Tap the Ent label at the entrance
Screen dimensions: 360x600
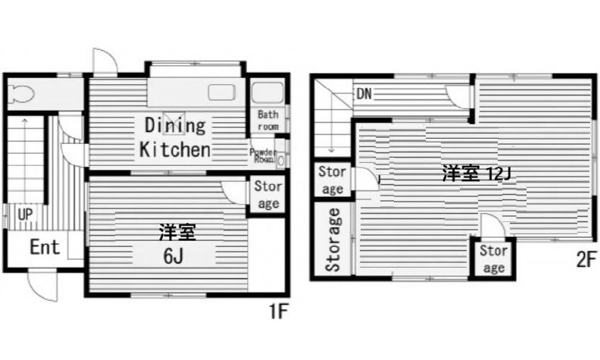click(x=45, y=246)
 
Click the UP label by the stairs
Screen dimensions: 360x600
click(x=24, y=214)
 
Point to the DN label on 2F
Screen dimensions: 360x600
click(x=365, y=95)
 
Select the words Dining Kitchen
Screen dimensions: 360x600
click(x=174, y=136)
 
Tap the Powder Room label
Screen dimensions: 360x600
click(x=263, y=155)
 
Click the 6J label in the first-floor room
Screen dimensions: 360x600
click(x=172, y=255)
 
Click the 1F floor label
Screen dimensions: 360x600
click(x=277, y=311)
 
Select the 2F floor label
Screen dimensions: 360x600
click(x=585, y=260)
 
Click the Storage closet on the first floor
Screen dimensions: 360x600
click(x=267, y=195)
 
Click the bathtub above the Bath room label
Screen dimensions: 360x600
click(x=267, y=94)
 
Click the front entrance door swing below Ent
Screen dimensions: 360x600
click(x=39, y=285)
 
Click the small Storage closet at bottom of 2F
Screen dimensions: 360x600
click(x=493, y=258)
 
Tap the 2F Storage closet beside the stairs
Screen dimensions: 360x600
click(x=332, y=180)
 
